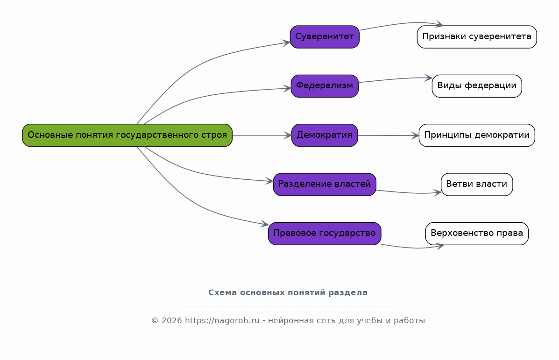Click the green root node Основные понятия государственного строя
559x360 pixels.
(127, 135)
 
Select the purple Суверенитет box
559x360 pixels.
(325, 37)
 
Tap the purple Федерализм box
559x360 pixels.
(325, 86)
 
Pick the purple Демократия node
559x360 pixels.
(325, 135)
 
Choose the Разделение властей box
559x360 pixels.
(325, 184)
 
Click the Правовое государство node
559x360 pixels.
(325, 233)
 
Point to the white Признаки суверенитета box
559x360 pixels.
(477, 37)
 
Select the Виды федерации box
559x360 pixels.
(477, 86)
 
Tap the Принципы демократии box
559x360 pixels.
(477, 135)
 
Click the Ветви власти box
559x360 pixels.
(477, 184)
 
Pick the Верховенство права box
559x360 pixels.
(477, 233)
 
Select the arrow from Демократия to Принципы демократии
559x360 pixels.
(388, 135)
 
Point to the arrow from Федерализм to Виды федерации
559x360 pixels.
(395, 79)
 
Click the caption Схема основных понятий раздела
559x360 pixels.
(288, 293)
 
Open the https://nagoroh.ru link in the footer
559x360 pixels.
(222, 321)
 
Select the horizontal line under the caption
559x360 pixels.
(288, 306)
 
